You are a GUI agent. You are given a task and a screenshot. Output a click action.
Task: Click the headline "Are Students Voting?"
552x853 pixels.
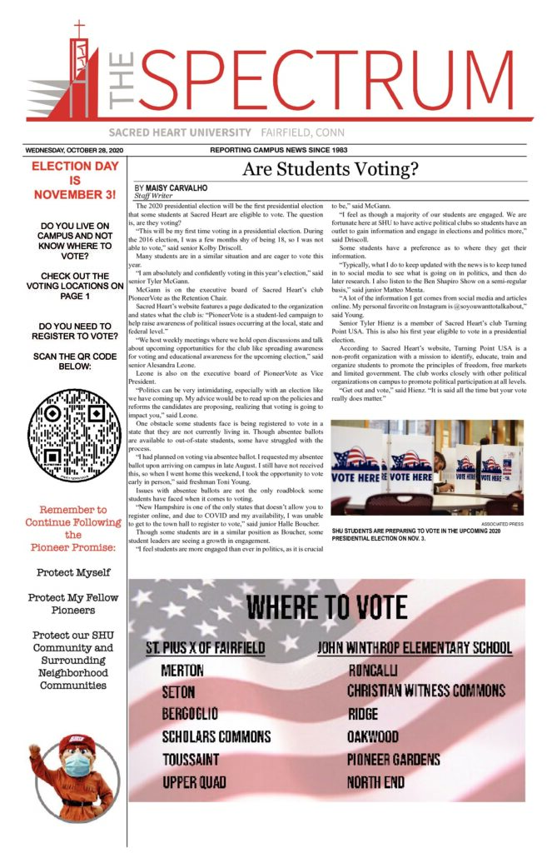tap(330, 172)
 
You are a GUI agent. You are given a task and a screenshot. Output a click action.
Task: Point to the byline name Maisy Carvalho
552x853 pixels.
tap(176, 189)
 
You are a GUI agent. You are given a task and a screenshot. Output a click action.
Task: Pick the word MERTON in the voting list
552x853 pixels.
tap(184, 671)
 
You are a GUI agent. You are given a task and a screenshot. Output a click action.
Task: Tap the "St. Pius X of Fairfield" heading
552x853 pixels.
tap(206, 648)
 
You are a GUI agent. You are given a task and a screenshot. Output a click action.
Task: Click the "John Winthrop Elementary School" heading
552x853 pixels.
tap(415, 648)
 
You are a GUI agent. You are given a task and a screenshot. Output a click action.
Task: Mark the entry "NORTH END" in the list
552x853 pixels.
tap(376, 782)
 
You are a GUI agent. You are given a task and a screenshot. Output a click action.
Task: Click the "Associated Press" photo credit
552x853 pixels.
tap(502, 525)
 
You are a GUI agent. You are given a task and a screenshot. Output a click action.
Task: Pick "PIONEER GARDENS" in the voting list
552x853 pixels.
tap(393, 760)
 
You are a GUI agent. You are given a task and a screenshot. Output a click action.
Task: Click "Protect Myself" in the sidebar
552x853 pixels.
tap(68, 573)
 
